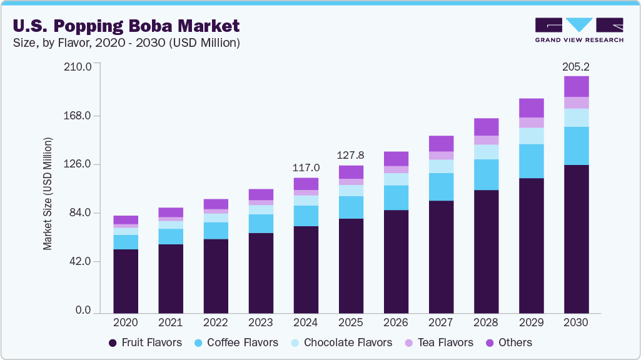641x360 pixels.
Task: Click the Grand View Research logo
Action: coord(578,29)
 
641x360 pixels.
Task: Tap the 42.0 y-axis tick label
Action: coord(78,261)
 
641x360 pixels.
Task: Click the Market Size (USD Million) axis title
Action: coord(48,194)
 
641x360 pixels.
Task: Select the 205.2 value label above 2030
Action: coord(576,66)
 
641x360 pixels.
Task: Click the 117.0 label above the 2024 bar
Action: coord(306,168)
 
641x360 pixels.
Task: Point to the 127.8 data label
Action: coord(351,156)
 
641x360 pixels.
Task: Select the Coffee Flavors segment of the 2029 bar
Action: coord(531,161)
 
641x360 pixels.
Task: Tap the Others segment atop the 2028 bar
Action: coord(486,127)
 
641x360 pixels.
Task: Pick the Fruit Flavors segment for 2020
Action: coord(126,281)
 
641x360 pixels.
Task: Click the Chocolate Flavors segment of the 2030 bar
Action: coord(576,117)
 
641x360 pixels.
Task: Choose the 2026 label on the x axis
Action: coord(396,323)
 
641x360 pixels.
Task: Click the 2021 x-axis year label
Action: coord(171,323)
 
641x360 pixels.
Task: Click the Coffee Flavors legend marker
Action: coord(198,342)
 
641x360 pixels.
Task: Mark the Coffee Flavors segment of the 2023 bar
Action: coord(261,224)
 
